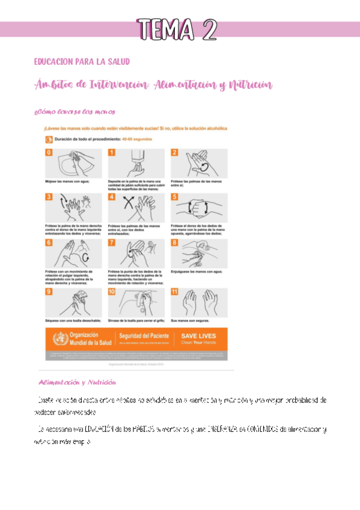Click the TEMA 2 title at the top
[176, 29]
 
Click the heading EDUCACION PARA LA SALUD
[82, 62]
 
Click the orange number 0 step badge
[49, 153]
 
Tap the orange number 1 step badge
[111, 153]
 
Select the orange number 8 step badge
[174, 242]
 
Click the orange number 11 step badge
[175, 292]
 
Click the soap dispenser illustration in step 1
[136, 162]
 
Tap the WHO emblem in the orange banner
[58, 338]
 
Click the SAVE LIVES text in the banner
[198, 336]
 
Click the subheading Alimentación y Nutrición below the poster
[77, 382]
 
